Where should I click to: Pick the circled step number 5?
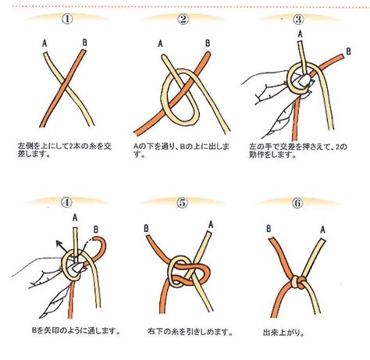(184, 201)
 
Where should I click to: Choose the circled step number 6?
(298, 201)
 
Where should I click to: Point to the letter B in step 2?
(207, 44)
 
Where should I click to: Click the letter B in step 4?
(96, 229)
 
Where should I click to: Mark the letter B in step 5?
(146, 229)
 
